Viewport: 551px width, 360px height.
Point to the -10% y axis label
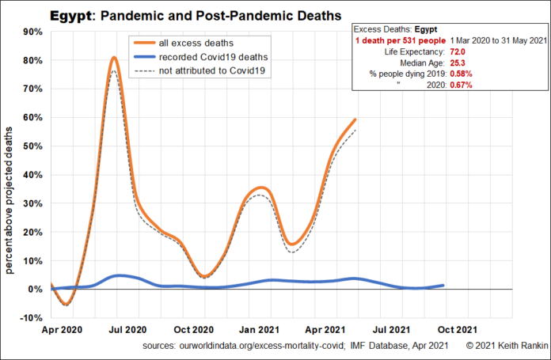31,318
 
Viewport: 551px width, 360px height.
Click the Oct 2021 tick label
457,329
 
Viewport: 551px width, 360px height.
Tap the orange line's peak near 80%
115,57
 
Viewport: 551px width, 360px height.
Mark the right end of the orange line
355,119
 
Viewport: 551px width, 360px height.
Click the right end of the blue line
443,285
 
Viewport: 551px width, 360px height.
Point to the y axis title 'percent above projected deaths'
10,191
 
